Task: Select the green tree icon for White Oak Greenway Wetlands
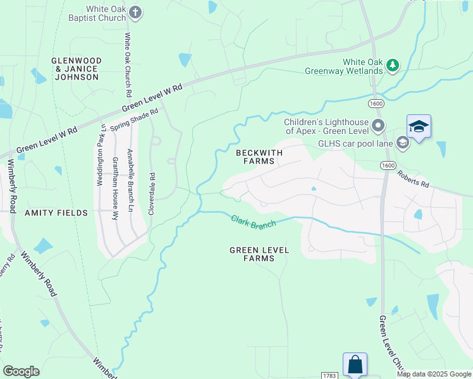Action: (393, 64)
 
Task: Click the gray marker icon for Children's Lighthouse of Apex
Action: (378, 126)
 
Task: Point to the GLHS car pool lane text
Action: (355, 143)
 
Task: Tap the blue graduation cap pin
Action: (419, 128)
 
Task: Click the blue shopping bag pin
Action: (354, 364)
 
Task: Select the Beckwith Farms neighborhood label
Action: (255, 157)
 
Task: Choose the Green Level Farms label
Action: (259, 254)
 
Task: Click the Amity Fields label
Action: (56, 213)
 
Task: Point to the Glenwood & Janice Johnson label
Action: (75, 68)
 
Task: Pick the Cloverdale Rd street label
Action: (151, 193)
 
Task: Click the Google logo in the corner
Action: (21, 371)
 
